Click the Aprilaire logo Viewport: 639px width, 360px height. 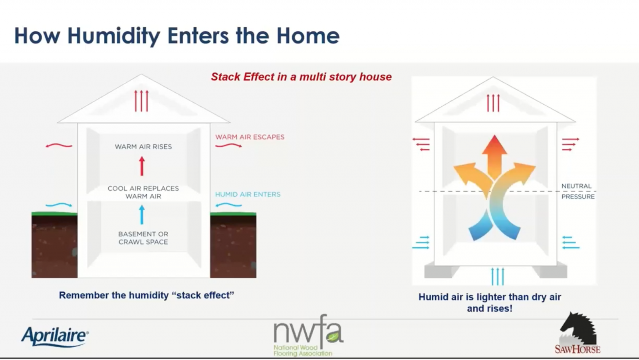point(55,336)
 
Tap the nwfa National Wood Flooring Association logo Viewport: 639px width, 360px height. point(308,336)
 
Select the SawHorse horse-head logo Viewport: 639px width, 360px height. point(577,333)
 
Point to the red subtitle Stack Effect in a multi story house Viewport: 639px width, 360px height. point(301,77)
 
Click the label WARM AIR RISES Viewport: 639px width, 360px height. point(143,147)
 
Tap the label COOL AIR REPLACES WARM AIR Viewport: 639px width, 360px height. point(143,193)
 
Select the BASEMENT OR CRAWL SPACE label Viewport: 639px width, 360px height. point(143,238)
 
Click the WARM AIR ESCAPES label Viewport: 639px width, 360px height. point(250,137)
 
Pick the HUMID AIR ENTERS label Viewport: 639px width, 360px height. point(248,195)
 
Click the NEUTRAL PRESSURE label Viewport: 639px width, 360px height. point(578,191)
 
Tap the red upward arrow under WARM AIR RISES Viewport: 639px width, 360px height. point(142,166)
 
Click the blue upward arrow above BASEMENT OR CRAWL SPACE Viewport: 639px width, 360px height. point(142,215)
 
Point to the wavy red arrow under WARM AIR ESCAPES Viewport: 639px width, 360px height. point(228,145)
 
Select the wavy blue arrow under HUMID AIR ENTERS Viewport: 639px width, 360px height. point(228,205)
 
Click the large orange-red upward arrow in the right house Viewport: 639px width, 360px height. point(494,157)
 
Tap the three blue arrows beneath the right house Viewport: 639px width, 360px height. point(498,276)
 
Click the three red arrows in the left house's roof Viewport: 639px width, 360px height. point(141,101)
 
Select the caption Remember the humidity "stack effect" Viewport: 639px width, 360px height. point(146,295)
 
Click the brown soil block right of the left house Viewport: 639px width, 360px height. point(233,245)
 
